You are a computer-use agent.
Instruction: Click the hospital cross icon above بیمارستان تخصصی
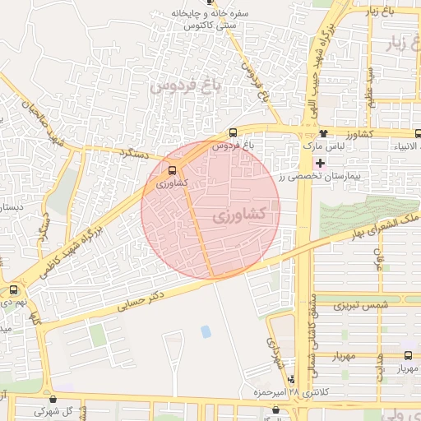coord(320,164)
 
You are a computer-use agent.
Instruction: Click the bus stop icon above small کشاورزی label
coord(172,171)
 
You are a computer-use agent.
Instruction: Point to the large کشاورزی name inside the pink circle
coord(238,215)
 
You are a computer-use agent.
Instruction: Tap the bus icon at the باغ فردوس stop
coord(233,132)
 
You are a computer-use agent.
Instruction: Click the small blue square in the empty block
coord(205,331)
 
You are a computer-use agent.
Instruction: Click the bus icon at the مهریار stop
coord(409,355)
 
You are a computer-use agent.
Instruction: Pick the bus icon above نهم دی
coord(13,289)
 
